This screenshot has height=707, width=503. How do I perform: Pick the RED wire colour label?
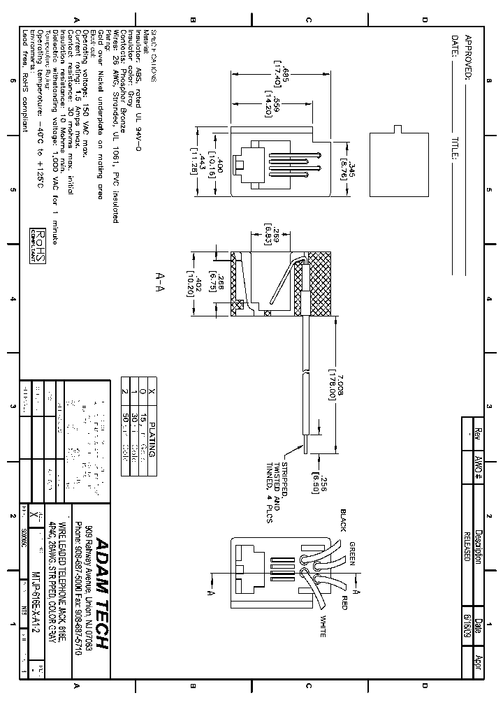(x=344, y=602)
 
